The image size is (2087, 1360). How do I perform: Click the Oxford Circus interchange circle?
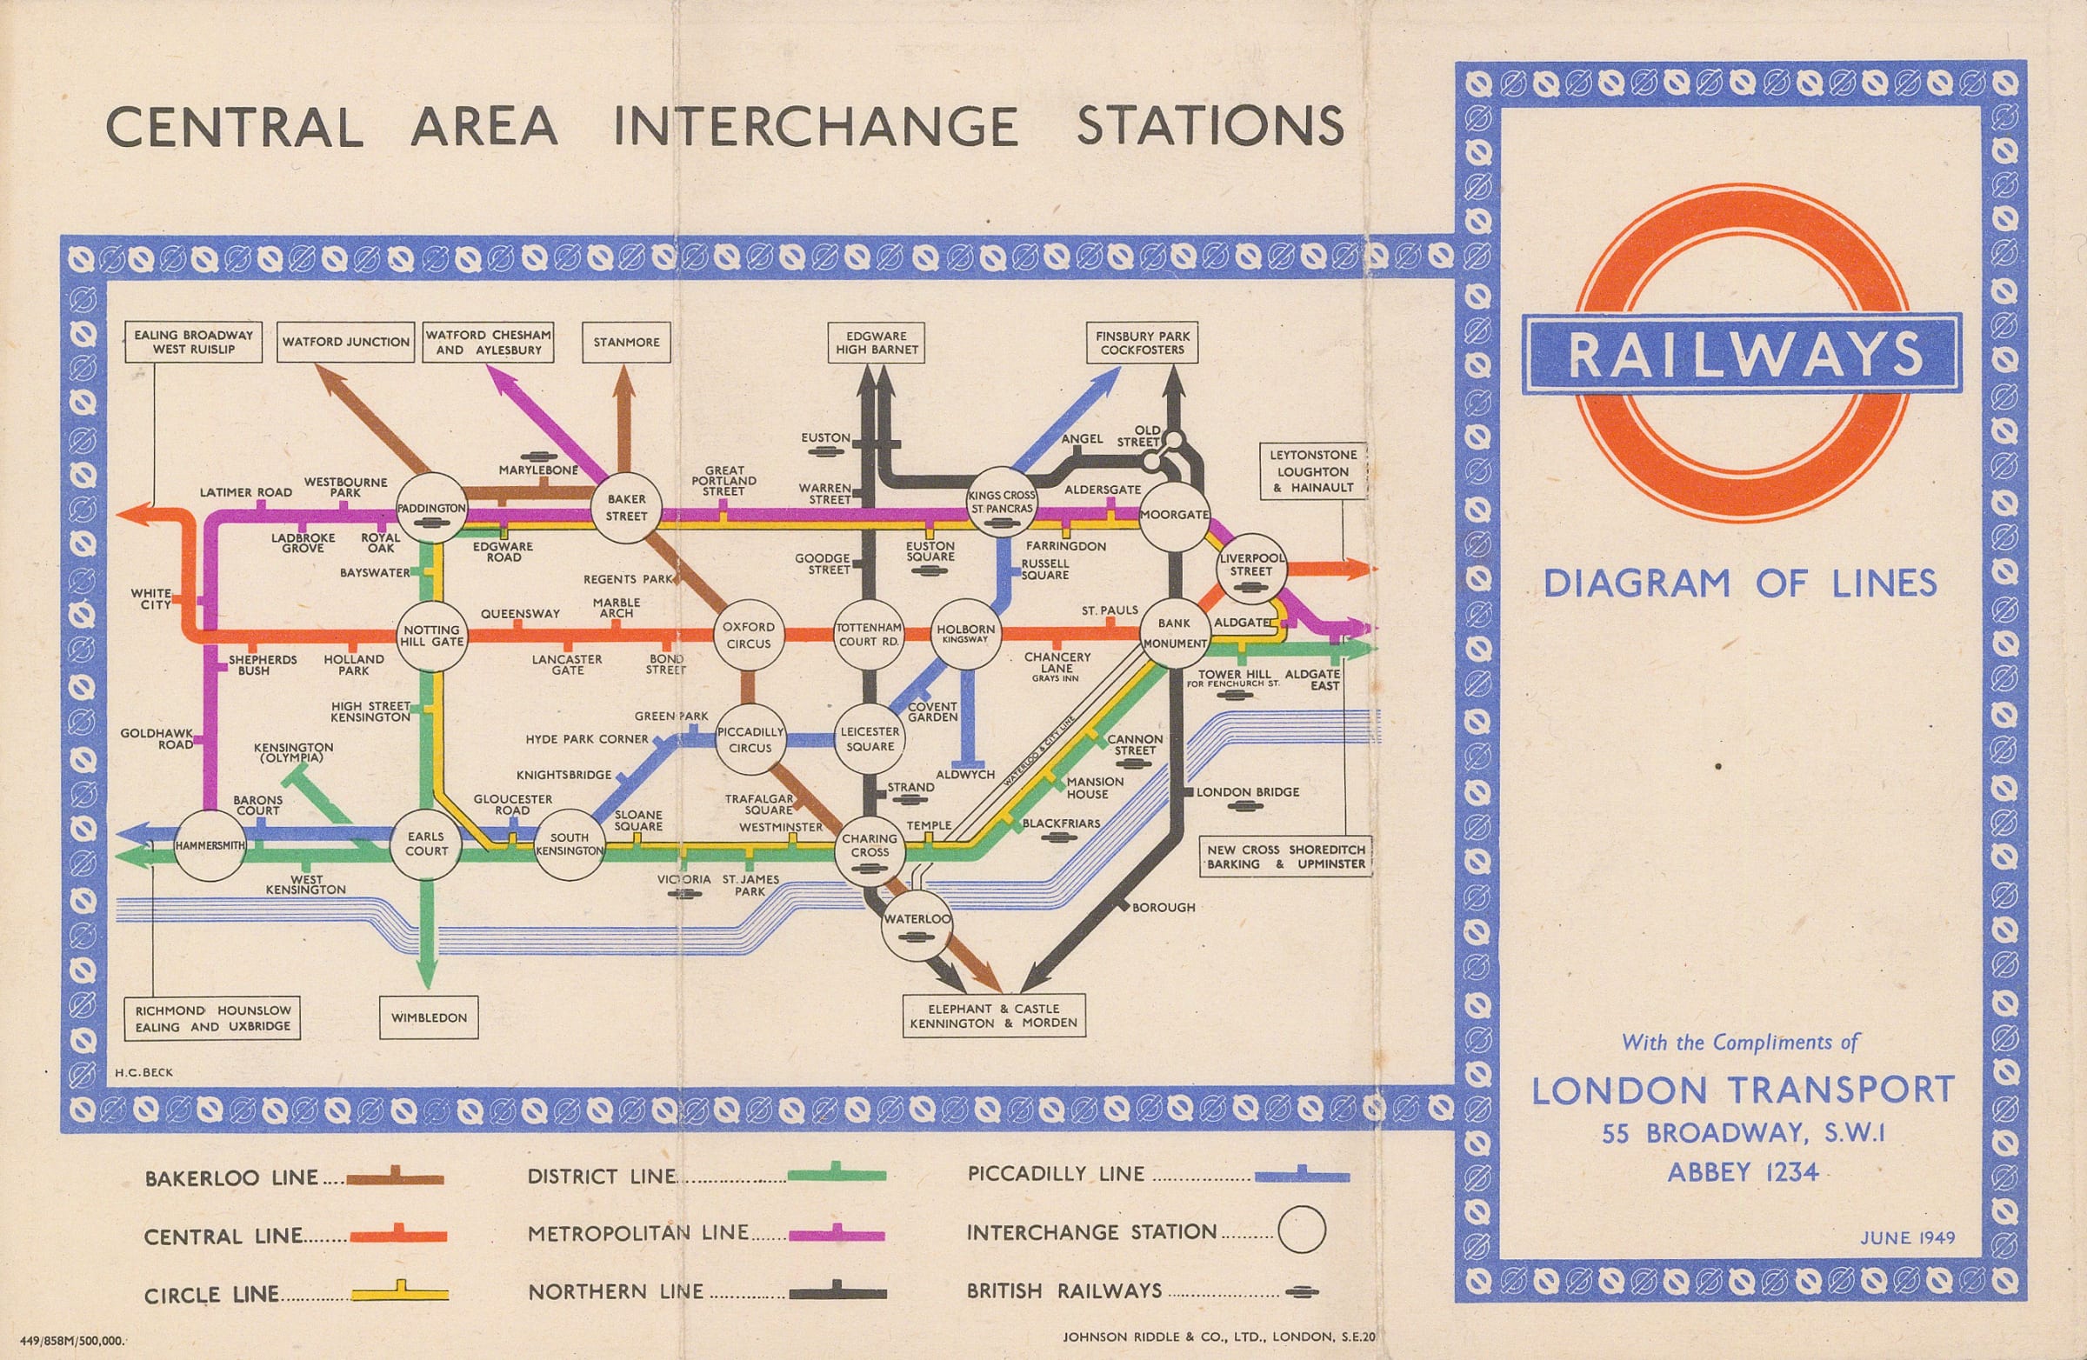click(x=748, y=635)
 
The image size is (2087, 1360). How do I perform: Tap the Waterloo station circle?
click(x=917, y=926)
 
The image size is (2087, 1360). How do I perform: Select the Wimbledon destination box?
click(x=429, y=1018)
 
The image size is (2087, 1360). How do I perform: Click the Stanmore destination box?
click(x=626, y=342)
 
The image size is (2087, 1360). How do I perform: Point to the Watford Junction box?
click(x=345, y=342)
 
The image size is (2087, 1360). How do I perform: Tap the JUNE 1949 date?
click(x=1907, y=1238)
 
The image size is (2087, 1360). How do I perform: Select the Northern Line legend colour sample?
click(x=837, y=1292)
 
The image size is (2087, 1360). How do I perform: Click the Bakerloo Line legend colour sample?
click(x=395, y=1178)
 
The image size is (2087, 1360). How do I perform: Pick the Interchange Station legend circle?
click(x=1300, y=1230)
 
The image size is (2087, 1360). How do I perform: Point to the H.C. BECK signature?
click(x=143, y=1071)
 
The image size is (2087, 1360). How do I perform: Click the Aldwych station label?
click(x=964, y=775)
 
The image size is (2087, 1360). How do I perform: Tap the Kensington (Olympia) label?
click(x=293, y=752)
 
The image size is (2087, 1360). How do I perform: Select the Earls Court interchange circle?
click(x=426, y=843)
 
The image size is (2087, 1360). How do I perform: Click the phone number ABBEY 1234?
click(x=1743, y=1172)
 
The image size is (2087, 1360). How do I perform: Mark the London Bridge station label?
click(x=1248, y=792)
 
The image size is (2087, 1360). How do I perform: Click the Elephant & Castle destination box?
click(x=994, y=1017)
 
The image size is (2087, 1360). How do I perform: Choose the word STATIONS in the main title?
click(x=1210, y=126)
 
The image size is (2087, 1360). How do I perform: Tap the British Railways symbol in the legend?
click(x=1301, y=1291)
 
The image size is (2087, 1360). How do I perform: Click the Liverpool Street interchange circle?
click(x=1250, y=564)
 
